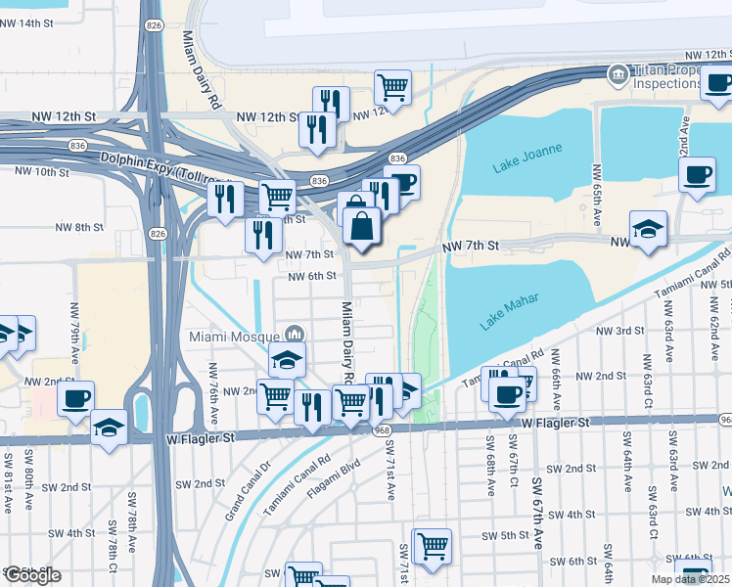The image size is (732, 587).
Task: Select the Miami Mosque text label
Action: [232, 337]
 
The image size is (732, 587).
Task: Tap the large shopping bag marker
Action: [361, 224]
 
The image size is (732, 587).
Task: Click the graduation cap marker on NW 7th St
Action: [648, 229]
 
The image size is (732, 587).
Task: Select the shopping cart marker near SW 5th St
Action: [432, 545]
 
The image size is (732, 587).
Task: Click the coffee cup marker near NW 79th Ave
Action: [75, 397]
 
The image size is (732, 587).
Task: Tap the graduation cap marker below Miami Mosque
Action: [286, 359]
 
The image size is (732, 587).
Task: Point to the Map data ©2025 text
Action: [689, 579]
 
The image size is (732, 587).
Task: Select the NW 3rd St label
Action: [624, 332]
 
